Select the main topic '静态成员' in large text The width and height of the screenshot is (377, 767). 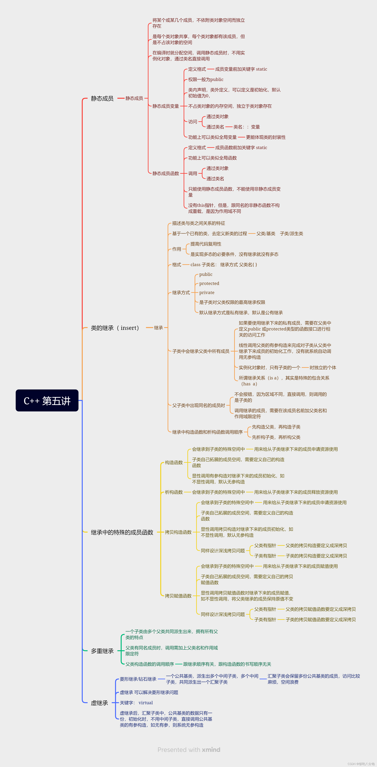point(102,99)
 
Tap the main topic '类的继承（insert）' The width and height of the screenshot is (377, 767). point(115,328)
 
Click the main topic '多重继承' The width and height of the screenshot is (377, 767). point(102,651)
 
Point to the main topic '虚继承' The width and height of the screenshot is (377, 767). point(100,703)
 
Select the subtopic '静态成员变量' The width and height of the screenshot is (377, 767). point(166,106)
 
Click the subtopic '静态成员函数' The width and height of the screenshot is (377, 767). point(166,174)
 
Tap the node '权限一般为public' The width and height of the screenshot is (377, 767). point(205,80)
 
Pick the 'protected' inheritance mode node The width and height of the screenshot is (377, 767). point(209,283)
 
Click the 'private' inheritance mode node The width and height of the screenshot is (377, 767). point(207,293)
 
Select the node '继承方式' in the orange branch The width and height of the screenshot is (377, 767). point(181,293)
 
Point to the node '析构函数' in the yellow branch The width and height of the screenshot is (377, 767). point(174,492)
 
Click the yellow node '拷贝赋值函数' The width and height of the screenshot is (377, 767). point(178,596)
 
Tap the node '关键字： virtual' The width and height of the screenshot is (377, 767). point(136,703)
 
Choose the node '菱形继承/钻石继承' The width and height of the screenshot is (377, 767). point(138,679)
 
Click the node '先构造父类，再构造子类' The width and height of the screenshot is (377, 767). point(276,427)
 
